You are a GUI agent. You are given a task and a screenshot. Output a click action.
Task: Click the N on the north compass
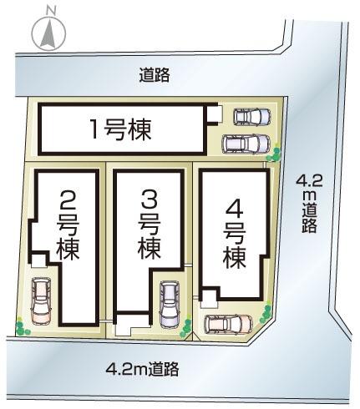pos(51,11)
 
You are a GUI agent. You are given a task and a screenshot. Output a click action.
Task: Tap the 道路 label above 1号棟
pos(155,75)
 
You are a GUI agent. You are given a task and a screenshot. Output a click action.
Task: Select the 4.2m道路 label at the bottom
pos(142,367)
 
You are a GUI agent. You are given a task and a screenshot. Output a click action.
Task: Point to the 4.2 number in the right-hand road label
pos(309,182)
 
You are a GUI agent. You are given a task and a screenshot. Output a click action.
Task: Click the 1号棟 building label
pos(122,129)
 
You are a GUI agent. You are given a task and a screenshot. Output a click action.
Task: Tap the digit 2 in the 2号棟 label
pos(68,200)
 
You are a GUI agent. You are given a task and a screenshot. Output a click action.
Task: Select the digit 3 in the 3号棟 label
pos(149,200)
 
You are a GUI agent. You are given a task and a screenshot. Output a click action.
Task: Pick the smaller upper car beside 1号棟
pos(251,117)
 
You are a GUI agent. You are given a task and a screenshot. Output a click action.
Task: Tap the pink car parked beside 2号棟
pos(40,300)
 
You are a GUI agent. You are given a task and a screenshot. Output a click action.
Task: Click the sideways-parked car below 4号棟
pos(226,324)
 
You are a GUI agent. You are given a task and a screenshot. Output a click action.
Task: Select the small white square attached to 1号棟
pos(214,114)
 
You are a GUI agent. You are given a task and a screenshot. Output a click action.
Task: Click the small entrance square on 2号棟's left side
pos(37,261)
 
